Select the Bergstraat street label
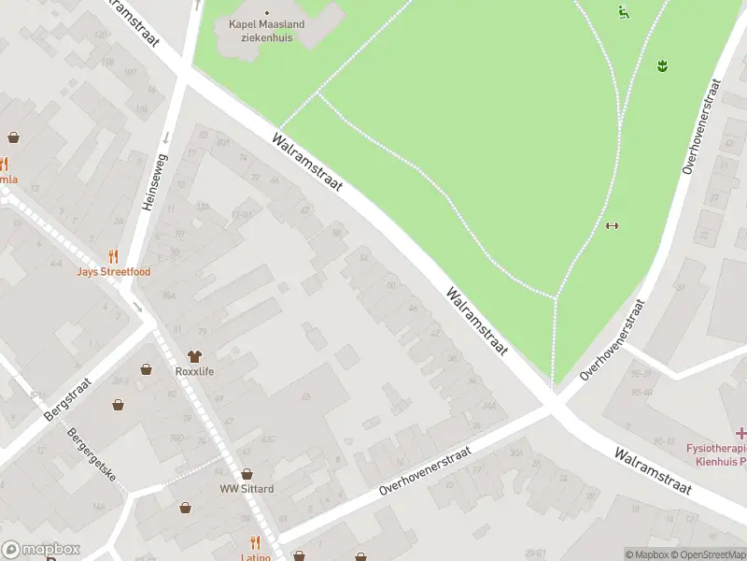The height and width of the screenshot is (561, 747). [69, 400]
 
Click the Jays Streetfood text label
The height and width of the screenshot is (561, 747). [114, 271]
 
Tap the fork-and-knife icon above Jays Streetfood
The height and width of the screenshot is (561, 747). [114, 255]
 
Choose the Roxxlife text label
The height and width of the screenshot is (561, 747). [194, 371]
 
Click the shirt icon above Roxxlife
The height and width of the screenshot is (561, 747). [194, 355]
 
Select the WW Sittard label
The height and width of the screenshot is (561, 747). [247, 489]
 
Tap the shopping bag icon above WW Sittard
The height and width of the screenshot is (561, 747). [247, 474]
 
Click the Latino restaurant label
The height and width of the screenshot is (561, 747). [255, 557]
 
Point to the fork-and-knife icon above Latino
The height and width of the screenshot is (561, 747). [255, 542]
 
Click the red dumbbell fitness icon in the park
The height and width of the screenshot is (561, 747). [613, 224]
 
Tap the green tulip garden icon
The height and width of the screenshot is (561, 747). [663, 65]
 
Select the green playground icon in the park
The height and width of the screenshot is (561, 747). [623, 12]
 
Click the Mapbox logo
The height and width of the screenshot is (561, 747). [40, 550]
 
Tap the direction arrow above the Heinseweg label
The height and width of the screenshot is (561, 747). [166, 137]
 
